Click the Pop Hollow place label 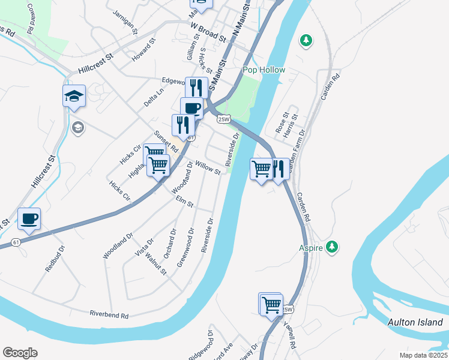264,70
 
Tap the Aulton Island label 415,322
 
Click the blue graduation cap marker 74,95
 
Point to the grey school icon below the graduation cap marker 77,127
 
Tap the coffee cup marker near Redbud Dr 29,219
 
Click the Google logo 20,353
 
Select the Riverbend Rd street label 109,314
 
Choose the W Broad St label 208,33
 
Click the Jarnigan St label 126,22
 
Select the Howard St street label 144,50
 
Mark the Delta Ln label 154,98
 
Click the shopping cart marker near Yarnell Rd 271,304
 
